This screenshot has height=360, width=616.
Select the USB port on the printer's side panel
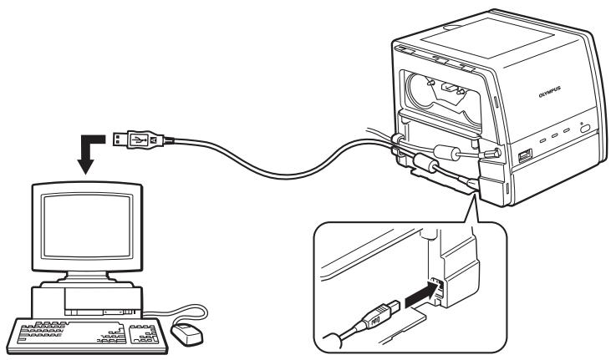tap(524, 156)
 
